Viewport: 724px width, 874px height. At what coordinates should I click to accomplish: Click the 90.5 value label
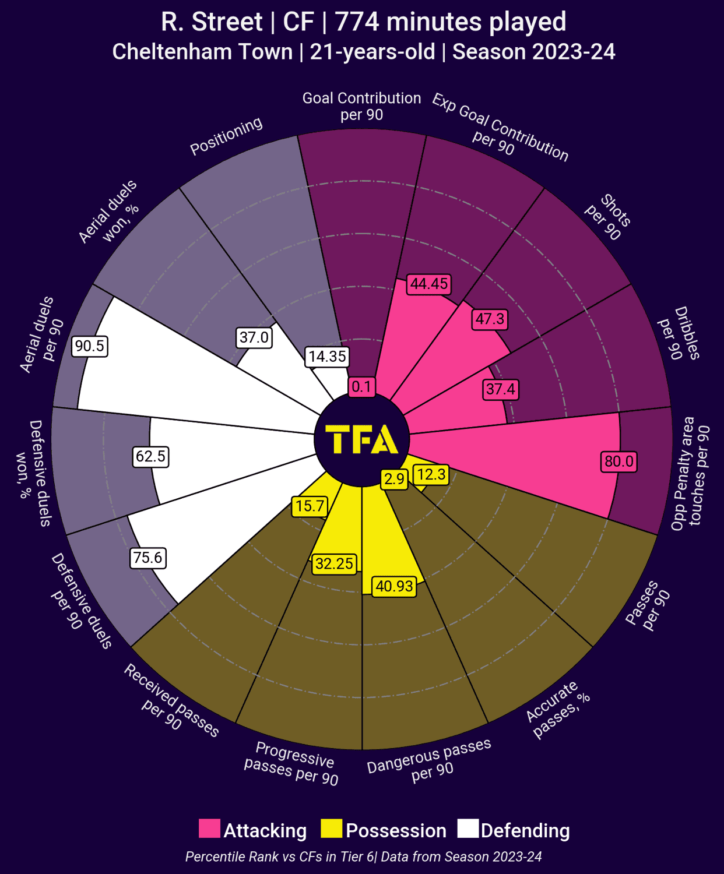pos(90,346)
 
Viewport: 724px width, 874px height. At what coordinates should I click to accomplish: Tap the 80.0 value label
pos(619,461)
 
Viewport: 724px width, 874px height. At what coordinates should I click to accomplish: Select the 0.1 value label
pos(361,386)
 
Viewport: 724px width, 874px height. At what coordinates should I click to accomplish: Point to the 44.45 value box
pos(429,284)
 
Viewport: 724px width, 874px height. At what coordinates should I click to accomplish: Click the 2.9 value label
pos(394,479)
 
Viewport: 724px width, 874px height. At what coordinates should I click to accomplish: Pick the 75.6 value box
pos(148,558)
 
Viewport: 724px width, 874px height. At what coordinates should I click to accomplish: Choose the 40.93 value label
pos(395,586)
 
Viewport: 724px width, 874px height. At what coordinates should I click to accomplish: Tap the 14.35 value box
pos(327,357)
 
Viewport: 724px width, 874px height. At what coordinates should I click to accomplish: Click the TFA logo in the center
pos(362,439)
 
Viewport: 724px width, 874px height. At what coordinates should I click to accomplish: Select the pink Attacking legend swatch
pos(209,829)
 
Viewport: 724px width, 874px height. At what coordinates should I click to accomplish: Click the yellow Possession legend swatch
pos(331,829)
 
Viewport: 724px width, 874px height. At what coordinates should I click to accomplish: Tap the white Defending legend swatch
pos(468,829)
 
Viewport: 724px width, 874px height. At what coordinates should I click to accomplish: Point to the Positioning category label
pos(227,136)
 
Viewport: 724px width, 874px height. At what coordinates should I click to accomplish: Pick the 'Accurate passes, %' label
pos(558,709)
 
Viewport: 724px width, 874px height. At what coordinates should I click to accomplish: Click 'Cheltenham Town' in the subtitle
pos(202,52)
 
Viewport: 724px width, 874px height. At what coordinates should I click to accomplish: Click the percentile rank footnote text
pos(364,857)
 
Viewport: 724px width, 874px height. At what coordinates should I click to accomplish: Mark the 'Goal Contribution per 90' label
pos(362,106)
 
